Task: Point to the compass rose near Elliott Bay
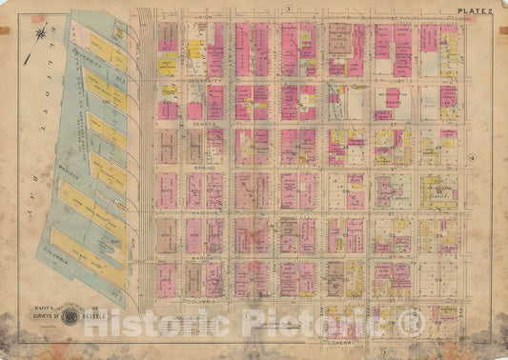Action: [x=40, y=36]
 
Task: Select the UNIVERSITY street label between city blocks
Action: [x=208, y=82]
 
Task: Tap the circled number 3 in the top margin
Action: [x=286, y=8]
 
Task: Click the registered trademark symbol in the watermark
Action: [x=411, y=324]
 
